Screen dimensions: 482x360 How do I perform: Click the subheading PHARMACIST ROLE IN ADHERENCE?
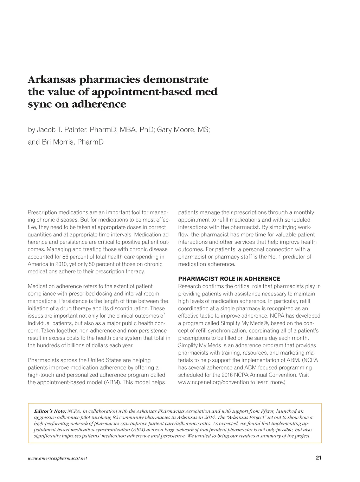click(229, 279)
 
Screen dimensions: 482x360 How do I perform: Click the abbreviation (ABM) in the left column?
click(112, 382)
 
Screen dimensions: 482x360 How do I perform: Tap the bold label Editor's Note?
click(50, 411)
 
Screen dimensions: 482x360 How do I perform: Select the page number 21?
click(319, 458)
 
